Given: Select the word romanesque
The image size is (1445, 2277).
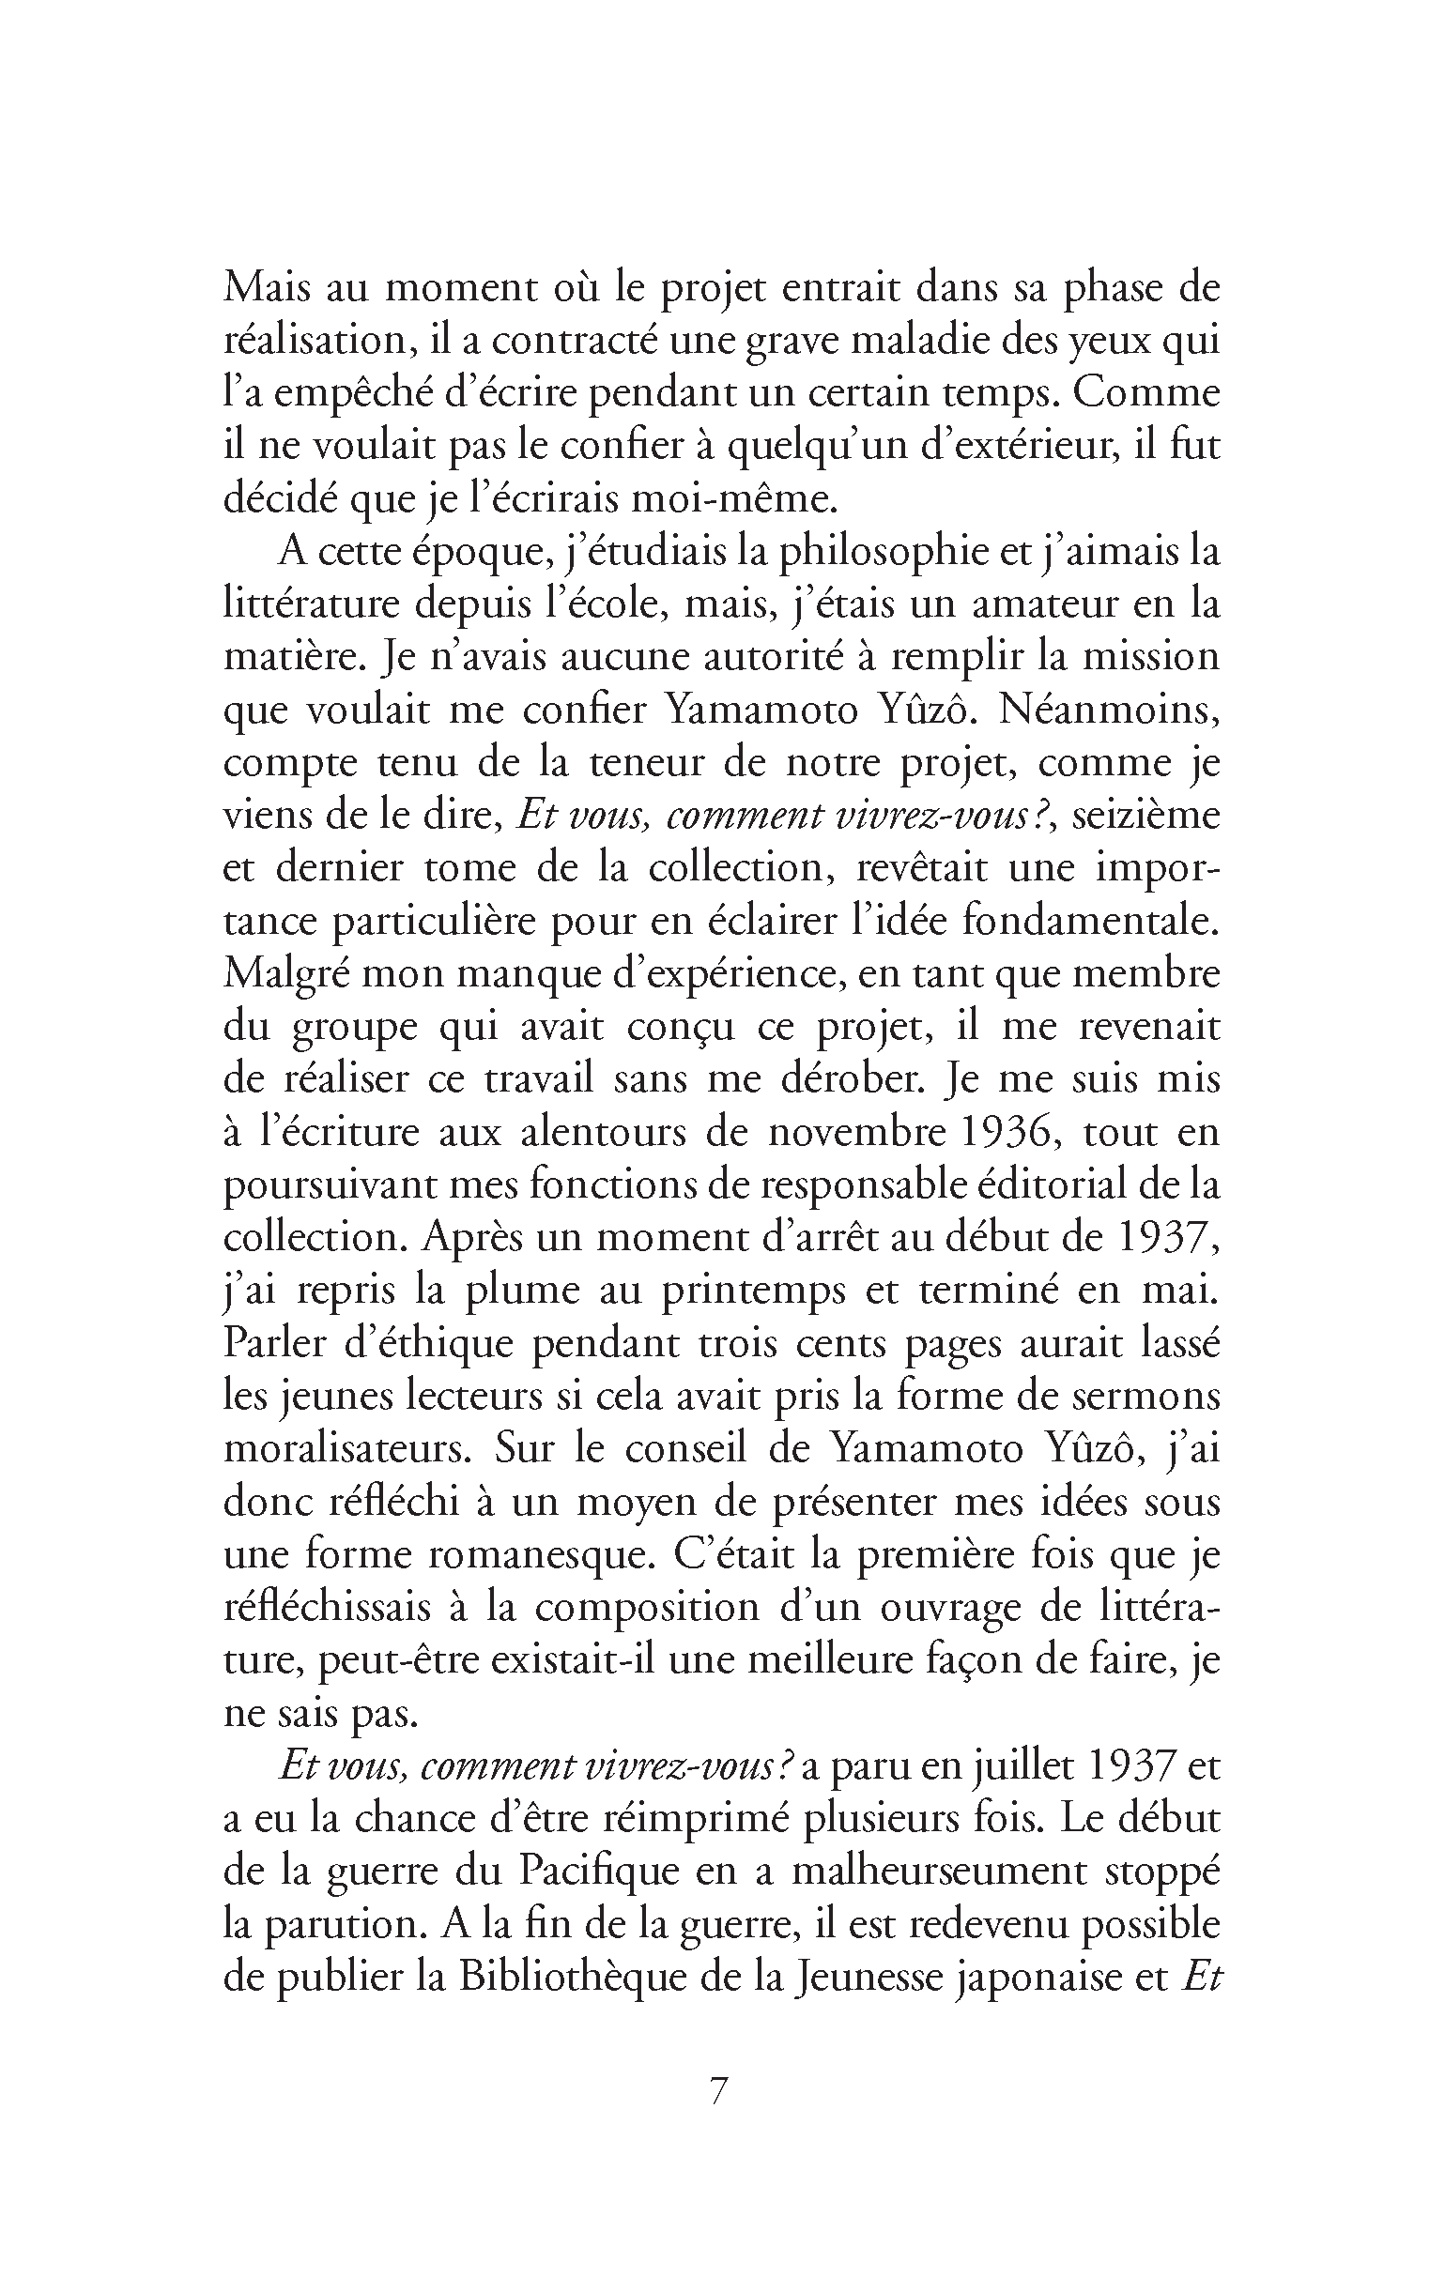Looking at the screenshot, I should tap(538, 1554).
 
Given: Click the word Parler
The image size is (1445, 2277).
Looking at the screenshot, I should tap(275, 1344).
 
